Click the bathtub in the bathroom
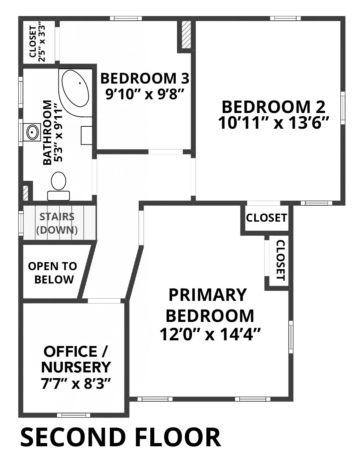pyautogui.click(x=75, y=93)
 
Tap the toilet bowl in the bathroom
pyautogui.click(x=58, y=181)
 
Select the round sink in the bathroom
pyautogui.click(x=32, y=132)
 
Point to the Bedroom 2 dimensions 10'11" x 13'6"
pyautogui.click(x=274, y=123)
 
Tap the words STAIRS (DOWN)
pyautogui.click(x=57, y=223)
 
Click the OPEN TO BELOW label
pyautogui.click(x=52, y=273)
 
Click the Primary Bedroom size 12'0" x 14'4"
pyautogui.click(x=210, y=334)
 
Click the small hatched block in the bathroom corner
pyautogui.click(x=25, y=193)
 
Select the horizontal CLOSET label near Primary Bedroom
pyautogui.click(x=266, y=218)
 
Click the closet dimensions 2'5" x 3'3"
pyautogui.click(x=42, y=44)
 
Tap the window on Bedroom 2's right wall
pyautogui.click(x=343, y=108)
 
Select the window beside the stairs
pyautogui.click(x=21, y=223)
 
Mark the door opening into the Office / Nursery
pyautogui.click(x=104, y=301)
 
